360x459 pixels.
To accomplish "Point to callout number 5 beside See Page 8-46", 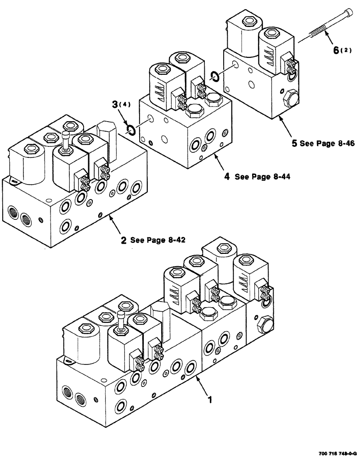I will [293, 143].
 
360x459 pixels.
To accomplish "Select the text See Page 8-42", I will [157, 240].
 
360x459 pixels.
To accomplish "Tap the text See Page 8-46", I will [327, 143].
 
